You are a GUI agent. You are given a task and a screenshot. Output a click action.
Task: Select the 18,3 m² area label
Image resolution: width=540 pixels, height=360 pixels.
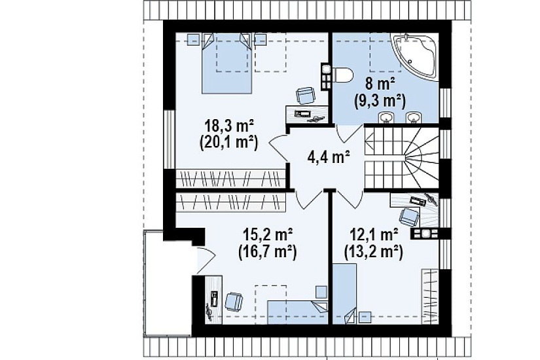point(229,126)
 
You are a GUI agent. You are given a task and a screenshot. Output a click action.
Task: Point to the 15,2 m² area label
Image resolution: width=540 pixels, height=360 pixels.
point(268,236)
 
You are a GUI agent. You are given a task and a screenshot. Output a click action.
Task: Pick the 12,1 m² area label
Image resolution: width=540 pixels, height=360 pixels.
point(374,236)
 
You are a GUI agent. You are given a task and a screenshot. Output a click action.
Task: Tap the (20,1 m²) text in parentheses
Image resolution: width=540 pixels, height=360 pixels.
point(229,143)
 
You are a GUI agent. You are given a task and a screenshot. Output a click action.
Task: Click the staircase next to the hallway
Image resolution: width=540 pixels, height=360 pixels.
point(401,158)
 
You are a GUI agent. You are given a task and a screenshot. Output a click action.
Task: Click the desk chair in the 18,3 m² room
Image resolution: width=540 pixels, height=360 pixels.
point(306,96)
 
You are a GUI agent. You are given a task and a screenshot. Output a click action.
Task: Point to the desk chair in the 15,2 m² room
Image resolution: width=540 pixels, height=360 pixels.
point(234,302)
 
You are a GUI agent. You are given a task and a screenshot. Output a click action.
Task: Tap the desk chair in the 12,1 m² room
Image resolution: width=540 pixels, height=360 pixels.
point(409,217)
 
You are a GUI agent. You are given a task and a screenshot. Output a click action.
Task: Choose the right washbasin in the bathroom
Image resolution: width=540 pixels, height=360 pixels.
point(413,117)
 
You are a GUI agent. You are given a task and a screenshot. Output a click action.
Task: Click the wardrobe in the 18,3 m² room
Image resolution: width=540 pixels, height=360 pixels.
point(231,178)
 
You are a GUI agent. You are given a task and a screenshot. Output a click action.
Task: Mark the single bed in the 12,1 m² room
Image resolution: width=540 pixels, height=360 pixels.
point(345,294)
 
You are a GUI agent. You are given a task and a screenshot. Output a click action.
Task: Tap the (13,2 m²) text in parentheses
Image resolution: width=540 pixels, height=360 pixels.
point(374,253)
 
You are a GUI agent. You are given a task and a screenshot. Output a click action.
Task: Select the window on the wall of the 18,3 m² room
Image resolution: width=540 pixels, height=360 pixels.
point(169,139)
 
